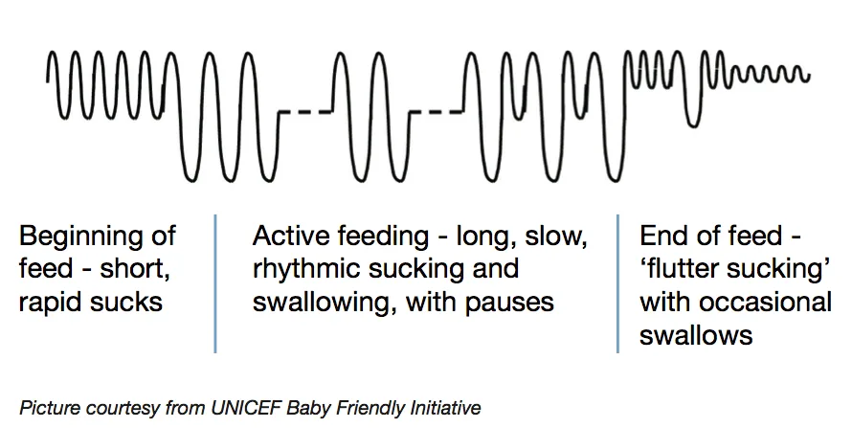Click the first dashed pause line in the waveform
[x=304, y=112]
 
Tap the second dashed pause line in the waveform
[x=436, y=112]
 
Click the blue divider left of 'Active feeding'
[x=215, y=283]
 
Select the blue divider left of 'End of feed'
[x=617, y=283]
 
